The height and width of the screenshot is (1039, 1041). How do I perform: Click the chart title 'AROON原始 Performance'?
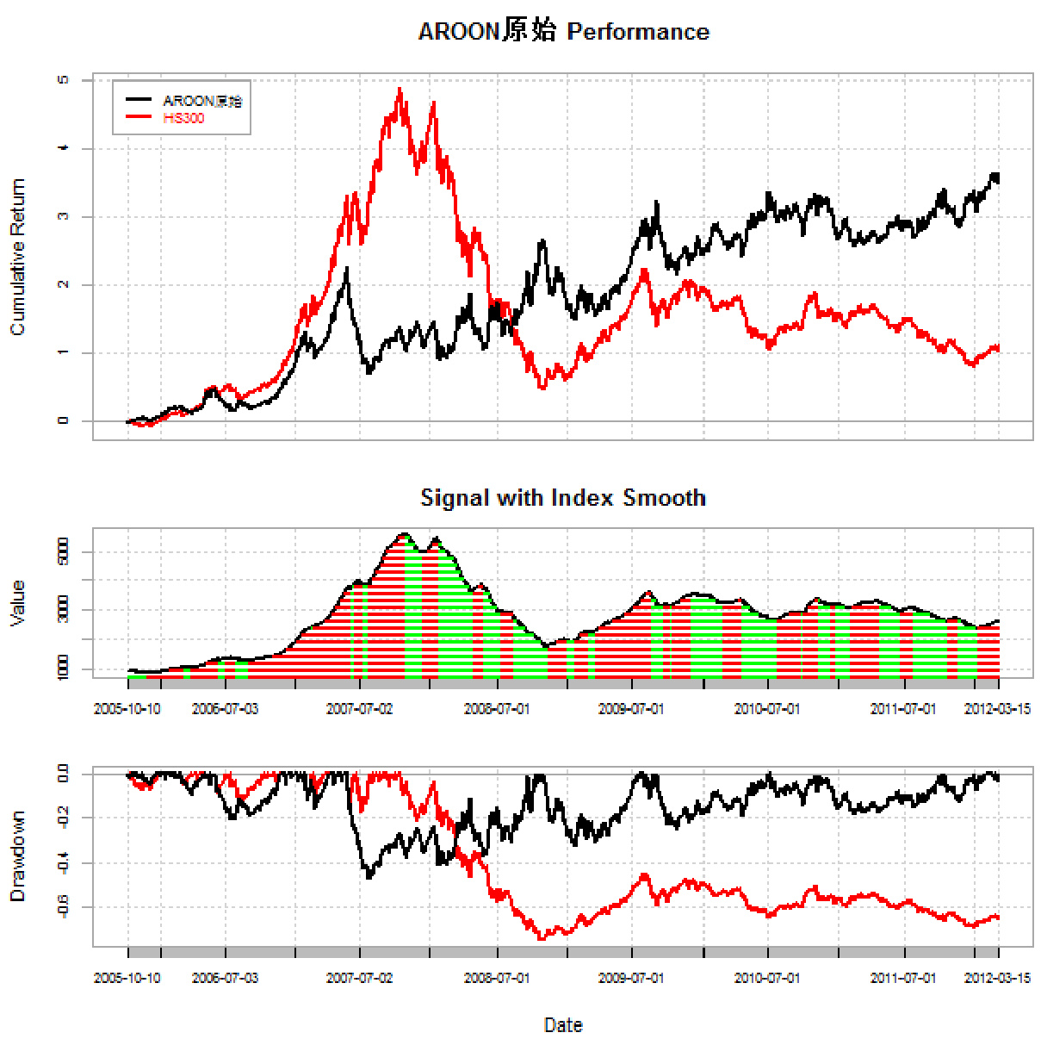(x=563, y=32)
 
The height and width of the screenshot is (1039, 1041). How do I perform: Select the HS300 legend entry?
(x=183, y=118)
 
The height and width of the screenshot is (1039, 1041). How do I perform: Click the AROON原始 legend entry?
(x=202, y=101)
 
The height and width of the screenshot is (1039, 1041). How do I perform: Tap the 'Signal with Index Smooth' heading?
(x=563, y=498)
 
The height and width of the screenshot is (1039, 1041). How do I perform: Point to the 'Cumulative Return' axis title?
(x=17, y=257)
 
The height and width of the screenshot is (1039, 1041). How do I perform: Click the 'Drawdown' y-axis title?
(x=17, y=856)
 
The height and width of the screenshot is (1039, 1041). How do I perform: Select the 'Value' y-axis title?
(x=17, y=603)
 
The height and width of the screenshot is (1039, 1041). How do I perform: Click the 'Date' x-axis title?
(x=563, y=1025)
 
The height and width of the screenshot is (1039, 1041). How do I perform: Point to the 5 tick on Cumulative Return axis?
(x=63, y=80)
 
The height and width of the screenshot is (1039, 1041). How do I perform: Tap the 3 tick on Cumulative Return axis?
(x=63, y=216)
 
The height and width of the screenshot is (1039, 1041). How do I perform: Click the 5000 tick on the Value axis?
(x=63, y=551)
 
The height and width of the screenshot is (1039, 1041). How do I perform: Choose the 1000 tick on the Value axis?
(x=63, y=668)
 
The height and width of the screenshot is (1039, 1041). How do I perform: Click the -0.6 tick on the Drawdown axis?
(x=63, y=906)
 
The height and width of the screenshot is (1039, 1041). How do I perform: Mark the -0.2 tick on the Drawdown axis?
(x=63, y=817)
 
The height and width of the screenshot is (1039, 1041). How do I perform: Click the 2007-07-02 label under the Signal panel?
(x=359, y=709)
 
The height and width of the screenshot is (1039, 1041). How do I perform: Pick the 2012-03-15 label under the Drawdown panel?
(x=997, y=978)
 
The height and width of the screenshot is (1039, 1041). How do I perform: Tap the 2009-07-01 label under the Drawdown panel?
(x=631, y=978)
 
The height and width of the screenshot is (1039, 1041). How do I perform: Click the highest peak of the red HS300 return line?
(x=400, y=88)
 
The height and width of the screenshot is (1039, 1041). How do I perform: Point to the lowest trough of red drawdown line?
(x=542, y=938)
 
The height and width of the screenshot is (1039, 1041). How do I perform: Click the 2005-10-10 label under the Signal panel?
(x=127, y=709)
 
